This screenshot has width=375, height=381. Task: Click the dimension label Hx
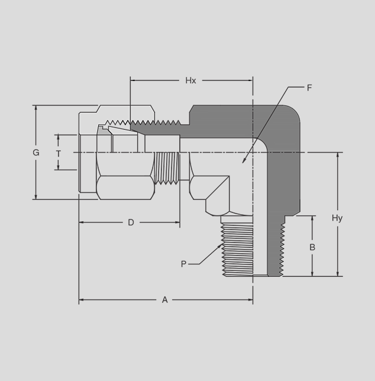pyautogui.click(x=190, y=80)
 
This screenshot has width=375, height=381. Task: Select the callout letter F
pyautogui.click(x=309, y=88)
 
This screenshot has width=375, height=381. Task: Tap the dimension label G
pyautogui.click(x=36, y=153)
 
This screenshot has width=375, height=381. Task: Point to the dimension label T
pyautogui.click(x=59, y=154)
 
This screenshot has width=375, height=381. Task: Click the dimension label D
pyautogui.click(x=131, y=222)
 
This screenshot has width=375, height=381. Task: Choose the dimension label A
pyautogui.click(x=164, y=300)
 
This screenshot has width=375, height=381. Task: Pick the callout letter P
pyautogui.click(x=183, y=264)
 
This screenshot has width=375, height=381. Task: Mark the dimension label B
pyautogui.click(x=312, y=247)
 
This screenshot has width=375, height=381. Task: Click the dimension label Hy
pyautogui.click(x=337, y=218)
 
